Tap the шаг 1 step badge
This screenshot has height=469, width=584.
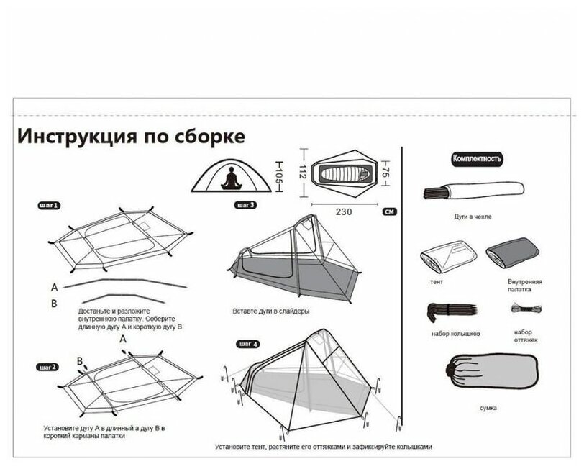(49, 205)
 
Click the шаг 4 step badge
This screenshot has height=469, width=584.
(247, 344)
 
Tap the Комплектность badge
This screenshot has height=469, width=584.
(476, 158)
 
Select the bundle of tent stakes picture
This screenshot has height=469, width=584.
(446, 311)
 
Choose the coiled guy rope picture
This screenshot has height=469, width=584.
(524, 308)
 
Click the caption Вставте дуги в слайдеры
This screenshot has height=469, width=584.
(270, 311)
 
